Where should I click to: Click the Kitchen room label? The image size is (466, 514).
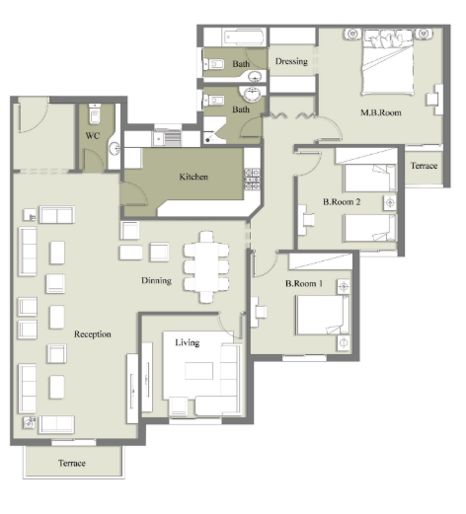point(194,177)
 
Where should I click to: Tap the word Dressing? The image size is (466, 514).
point(291,61)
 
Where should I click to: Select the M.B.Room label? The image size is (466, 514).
point(381,112)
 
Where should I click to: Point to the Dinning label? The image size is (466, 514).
point(156,280)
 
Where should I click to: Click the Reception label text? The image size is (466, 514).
point(93,334)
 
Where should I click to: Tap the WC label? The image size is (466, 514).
point(93,136)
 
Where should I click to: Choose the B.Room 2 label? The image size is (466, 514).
point(342,201)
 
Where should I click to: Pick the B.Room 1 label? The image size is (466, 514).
point(304,283)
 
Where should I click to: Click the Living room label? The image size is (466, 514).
point(188,342)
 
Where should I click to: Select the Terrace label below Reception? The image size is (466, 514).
point(72,464)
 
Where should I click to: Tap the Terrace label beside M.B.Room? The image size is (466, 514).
point(424,166)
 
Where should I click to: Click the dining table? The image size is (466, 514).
point(206,266)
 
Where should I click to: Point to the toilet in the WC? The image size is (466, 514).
point(95,113)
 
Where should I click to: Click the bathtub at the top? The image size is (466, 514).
point(244,37)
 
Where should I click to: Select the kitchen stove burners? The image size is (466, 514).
point(252,180)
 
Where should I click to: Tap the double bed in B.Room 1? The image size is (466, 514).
point(323,315)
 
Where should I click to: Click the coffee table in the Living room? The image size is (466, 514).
point(198,371)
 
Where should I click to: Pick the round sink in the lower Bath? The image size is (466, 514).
point(252,94)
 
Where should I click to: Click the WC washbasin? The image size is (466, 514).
point(115,149)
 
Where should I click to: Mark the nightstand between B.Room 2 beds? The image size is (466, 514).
point(390,203)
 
